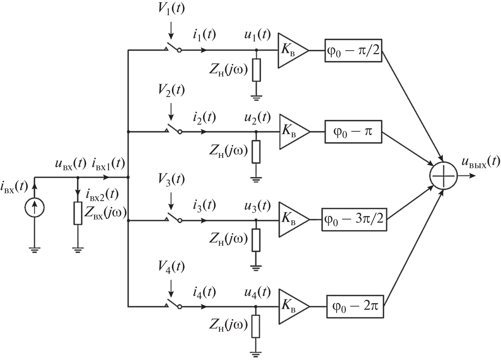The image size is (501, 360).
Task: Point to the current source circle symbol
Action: [x=35, y=207]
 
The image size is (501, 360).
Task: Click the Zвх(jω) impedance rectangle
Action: [x=78, y=213]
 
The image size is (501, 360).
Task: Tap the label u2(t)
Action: [x=257, y=117]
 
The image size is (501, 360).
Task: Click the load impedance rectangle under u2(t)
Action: [x=256, y=152]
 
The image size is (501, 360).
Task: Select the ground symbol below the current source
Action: [x=35, y=250]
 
